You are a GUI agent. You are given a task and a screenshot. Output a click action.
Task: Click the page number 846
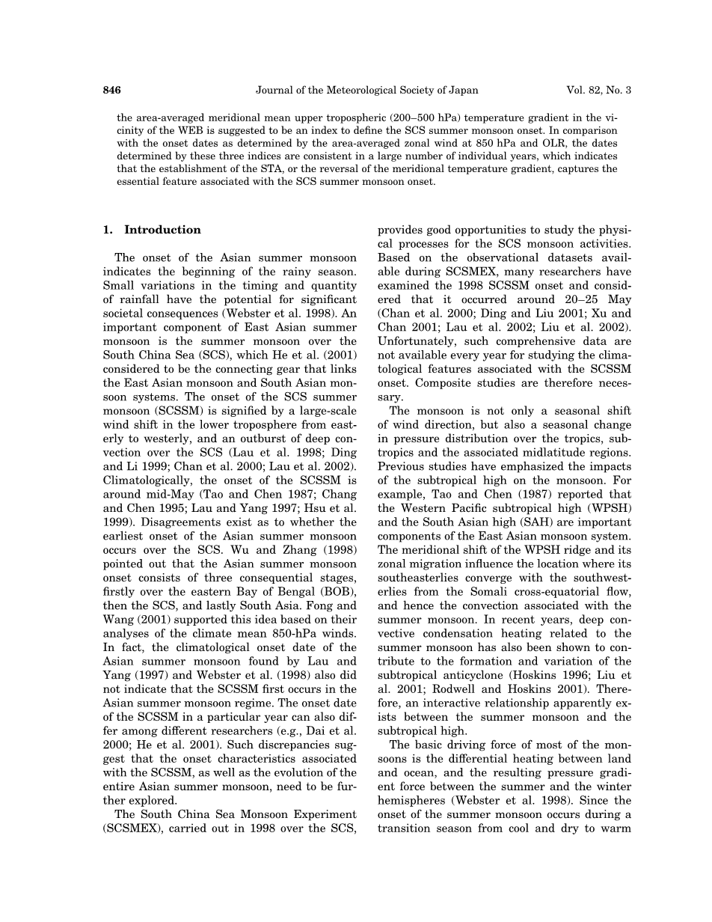(111, 91)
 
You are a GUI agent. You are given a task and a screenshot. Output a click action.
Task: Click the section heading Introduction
(162, 230)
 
